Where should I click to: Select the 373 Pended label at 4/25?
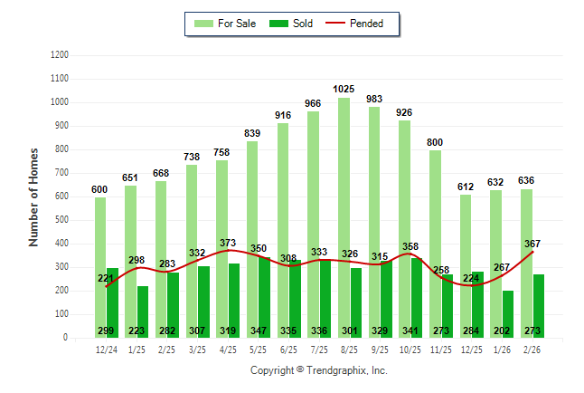click(x=228, y=243)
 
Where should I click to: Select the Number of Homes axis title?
click(x=33, y=196)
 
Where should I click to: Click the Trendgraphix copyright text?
click(x=318, y=370)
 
